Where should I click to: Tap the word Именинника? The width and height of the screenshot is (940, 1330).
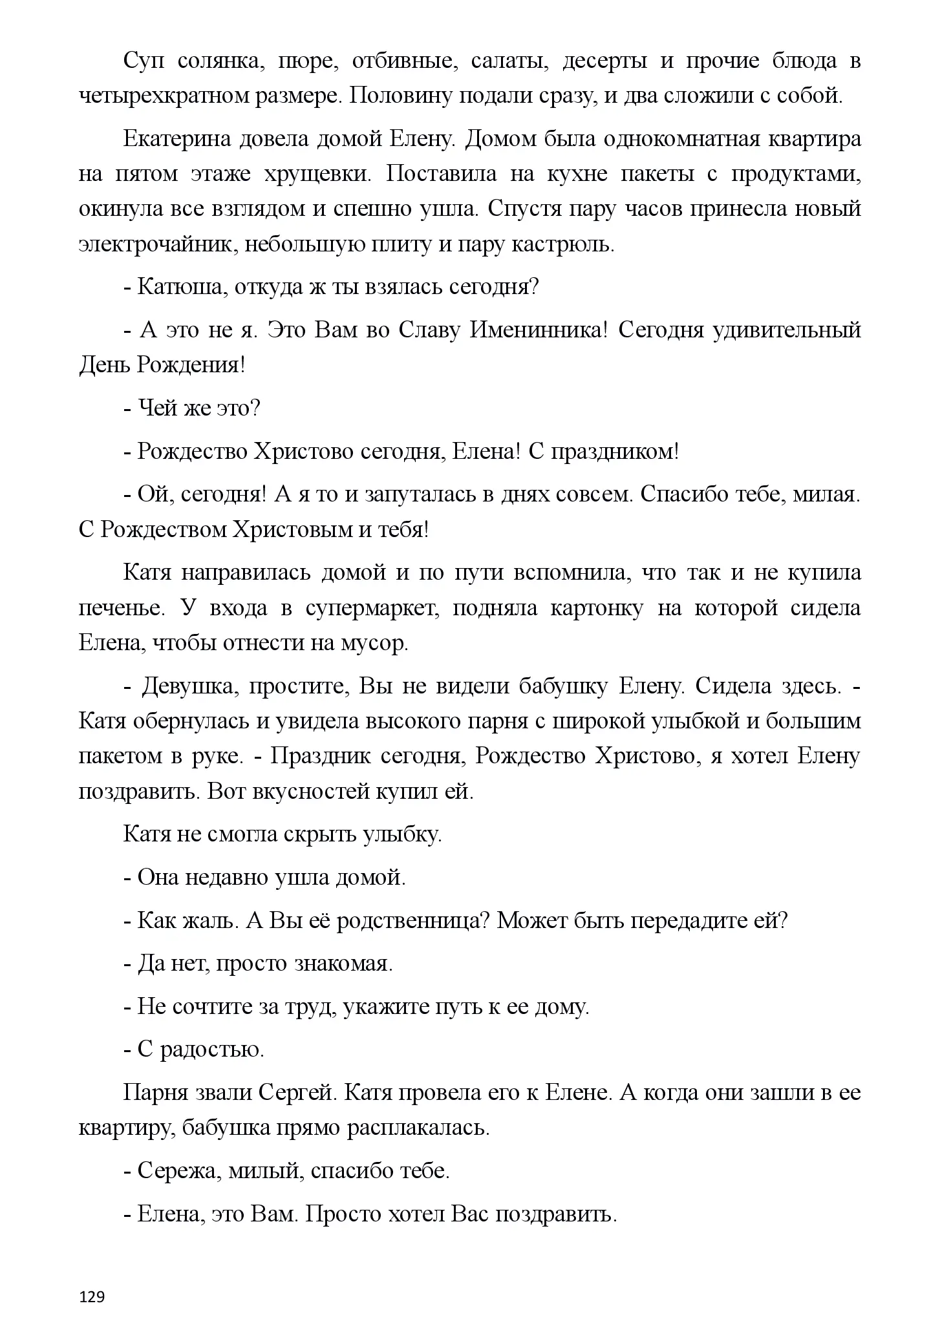click(538, 330)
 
